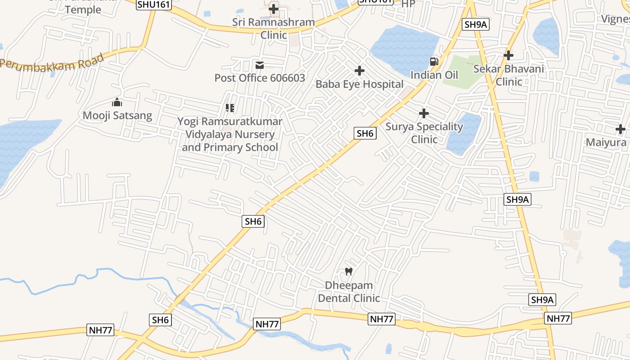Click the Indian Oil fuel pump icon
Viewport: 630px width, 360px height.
pyautogui.click(x=434, y=62)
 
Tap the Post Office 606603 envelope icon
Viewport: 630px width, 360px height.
pyautogui.click(x=260, y=65)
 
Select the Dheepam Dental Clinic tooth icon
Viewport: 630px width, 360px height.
pyautogui.click(x=348, y=271)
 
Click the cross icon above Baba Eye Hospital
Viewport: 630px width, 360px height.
pyautogui.click(x=359, y=71)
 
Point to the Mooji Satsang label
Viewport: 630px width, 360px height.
pyautogui.click(x=117, y=115)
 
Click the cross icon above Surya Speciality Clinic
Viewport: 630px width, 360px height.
pyautogui.click(x=424, y=113)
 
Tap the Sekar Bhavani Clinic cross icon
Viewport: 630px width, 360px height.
pyautogui.click(x=508, y=55)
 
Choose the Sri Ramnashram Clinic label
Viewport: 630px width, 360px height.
pyautogui.click(x=274, y=28)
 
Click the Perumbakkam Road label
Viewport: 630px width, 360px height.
pyautogui.click(x=53, y=61)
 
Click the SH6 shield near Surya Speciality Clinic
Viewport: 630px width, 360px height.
pyautogui.click(x=364, y=133)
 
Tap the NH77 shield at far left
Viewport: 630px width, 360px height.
pyautogui.click(x=100, y=330)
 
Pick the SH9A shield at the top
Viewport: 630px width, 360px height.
pyautogui.click(x=476, y=24)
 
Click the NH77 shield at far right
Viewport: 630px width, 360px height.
pyautogui.click(x=558, y=319)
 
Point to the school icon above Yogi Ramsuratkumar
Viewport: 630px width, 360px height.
pyautogui.click(x=230, y=108)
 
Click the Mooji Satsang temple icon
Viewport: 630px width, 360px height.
pyautogui.click(x=117, y=103)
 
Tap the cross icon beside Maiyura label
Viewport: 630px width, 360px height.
pyautogui.click(x=621, y=129)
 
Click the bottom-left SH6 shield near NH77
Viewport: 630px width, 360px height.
pyautogui.click(x=160, y=320)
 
